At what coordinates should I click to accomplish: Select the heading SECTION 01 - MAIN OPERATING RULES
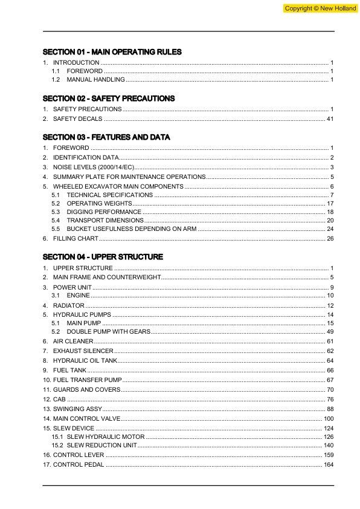pos(112,52)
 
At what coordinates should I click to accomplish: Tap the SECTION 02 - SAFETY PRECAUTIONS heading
pos(109,99)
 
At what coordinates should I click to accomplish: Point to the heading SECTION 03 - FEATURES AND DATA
pos(106,137)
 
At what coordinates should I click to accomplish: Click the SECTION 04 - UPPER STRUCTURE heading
pos(103,257)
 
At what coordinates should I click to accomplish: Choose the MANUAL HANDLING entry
pos(95,80)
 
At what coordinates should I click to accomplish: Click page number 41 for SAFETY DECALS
pos(330,119)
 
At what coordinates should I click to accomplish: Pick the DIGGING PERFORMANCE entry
pos(103,212)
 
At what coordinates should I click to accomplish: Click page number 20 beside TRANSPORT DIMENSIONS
pos(330,221)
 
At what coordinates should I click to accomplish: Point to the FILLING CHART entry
pos(76,239)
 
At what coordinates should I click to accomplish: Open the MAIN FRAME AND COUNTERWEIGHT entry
pos(107,277)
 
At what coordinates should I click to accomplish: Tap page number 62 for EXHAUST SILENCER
pos(330,351)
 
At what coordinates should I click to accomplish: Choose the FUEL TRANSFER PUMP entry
pos(88,380)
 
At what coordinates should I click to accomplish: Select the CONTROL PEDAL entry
pos(79,464)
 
